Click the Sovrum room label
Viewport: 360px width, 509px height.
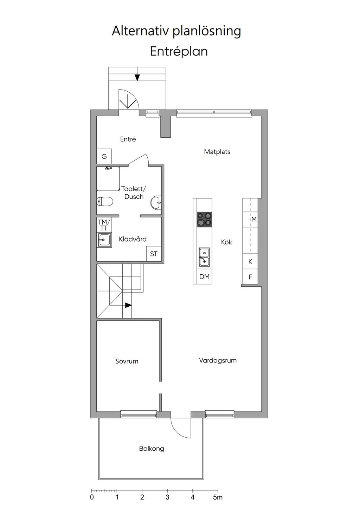[127, 361]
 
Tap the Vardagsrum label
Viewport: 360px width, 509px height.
[218, 360]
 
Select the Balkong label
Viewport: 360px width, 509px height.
[152, 449]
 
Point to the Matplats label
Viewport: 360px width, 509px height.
[217, 151]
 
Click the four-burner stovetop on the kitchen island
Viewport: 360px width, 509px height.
[204, 220]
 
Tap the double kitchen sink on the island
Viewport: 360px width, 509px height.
[205, 257]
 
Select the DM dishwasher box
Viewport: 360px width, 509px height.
[204, 276]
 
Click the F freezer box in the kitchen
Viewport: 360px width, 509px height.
[250, 276]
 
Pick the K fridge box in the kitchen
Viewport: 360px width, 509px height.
[250, 261]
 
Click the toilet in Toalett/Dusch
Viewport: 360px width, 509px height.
[105, 202]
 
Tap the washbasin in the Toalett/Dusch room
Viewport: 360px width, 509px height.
[156, 202]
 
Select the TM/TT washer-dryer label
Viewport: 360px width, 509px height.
[104, 225]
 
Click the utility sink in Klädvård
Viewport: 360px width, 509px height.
[104, 240]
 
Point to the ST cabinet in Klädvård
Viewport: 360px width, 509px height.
[154, 254]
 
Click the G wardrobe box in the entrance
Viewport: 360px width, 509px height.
[104, 156]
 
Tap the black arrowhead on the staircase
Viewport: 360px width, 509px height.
[128, 305]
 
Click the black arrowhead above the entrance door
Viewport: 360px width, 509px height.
[137, 78]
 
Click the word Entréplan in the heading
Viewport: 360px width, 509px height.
[179, 51]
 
